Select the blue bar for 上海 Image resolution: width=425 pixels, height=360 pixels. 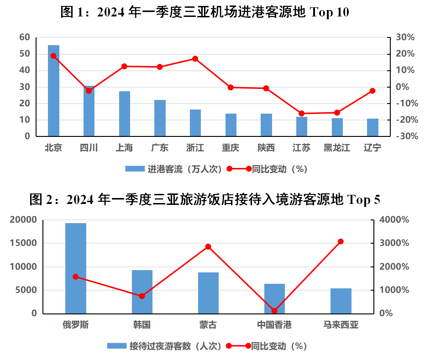125,114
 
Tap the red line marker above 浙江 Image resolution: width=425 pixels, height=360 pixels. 195,59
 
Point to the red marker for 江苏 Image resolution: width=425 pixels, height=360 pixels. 301,113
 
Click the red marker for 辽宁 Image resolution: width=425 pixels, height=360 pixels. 373,91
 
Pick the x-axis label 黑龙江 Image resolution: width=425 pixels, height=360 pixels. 336,148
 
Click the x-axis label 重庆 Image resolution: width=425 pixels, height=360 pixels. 231,148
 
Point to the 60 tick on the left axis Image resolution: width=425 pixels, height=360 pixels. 25,37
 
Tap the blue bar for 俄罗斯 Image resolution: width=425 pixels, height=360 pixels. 76,268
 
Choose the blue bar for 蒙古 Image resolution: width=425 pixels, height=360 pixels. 208,293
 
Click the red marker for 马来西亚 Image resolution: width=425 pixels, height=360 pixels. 341,241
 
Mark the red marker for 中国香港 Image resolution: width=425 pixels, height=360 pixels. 274,311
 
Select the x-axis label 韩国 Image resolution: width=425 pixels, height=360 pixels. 142,325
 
